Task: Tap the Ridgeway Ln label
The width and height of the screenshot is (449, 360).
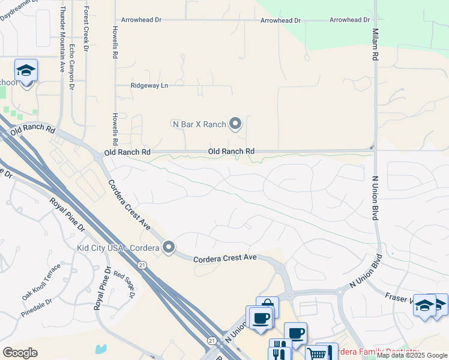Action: point(150,86)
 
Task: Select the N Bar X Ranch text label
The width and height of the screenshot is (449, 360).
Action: point(199,124)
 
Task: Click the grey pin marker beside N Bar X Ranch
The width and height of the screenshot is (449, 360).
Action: point(235,124)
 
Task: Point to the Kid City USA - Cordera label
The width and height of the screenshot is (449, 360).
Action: point(118,247)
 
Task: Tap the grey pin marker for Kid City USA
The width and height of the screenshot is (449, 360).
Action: point(169,247)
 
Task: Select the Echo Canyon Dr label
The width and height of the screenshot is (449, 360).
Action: point(71,66)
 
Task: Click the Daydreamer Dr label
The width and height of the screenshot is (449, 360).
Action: point(18,10)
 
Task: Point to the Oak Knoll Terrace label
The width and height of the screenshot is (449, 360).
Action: point(41,281)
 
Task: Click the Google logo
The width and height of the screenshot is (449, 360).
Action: point(20,353)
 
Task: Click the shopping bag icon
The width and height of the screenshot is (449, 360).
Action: point(267,306)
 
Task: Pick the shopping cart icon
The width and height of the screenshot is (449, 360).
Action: point(316,353)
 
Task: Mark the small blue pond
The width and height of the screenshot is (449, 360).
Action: point(100,349)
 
